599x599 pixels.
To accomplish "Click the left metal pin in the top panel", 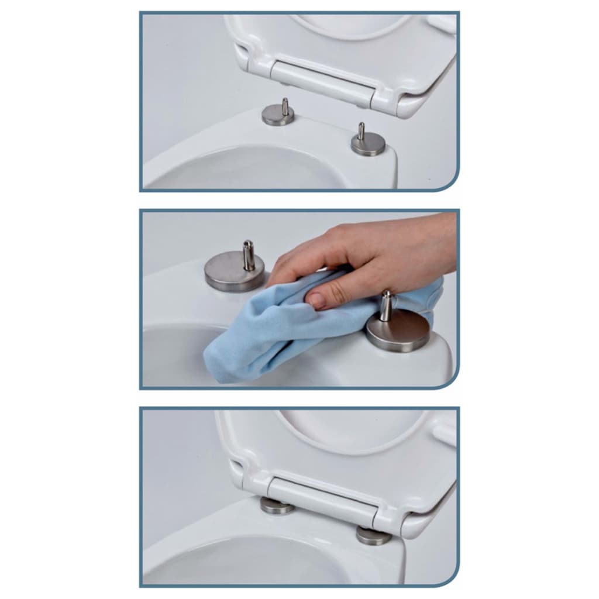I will point(285,106).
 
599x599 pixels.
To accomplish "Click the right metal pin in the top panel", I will point(362,132).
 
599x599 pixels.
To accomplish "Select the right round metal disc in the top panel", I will point(368,144).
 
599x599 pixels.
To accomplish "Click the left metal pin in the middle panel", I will point(249,255).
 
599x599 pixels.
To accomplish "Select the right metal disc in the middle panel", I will point(398,333).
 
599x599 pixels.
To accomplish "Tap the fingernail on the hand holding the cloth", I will point(316,300).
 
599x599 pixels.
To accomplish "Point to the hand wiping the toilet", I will point(374,252).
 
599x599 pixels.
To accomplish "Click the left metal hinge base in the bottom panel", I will point(277,507).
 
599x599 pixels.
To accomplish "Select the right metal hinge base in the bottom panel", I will point(373,535).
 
